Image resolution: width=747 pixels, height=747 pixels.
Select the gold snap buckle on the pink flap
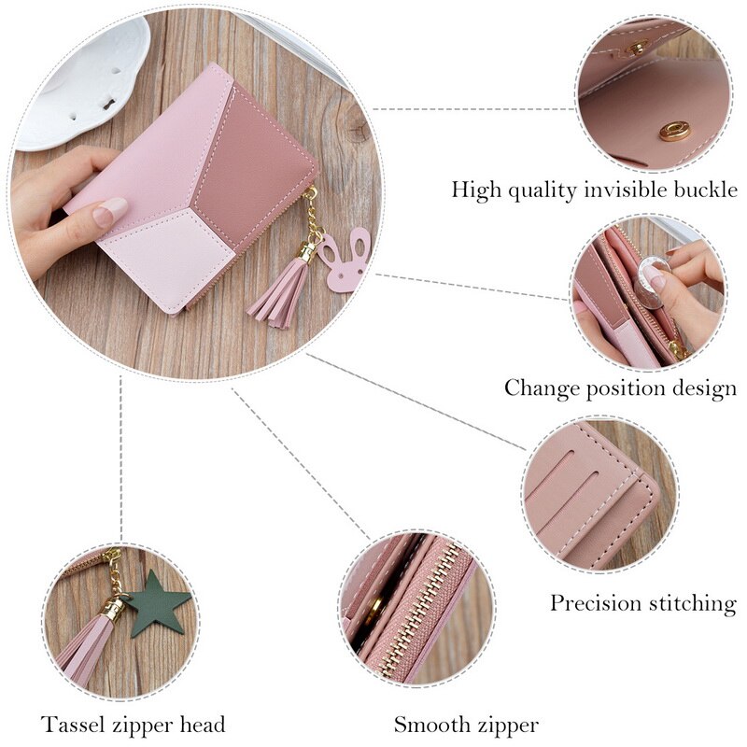[673, 131]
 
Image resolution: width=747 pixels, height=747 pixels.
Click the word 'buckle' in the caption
[698, 190]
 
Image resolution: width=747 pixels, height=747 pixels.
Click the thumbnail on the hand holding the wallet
[110, 213]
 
